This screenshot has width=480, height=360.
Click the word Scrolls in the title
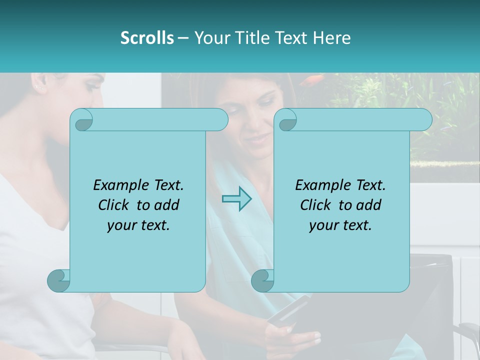[x=147, y=38]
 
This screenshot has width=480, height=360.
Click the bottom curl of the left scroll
[x=58, y=280]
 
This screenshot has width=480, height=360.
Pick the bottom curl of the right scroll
[x=262, y=280]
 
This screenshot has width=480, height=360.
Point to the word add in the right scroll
[x=369, y=205]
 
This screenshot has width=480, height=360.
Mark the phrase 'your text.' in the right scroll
[x=340, y=225]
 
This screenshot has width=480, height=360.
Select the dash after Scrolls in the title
[x=183, y=38]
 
